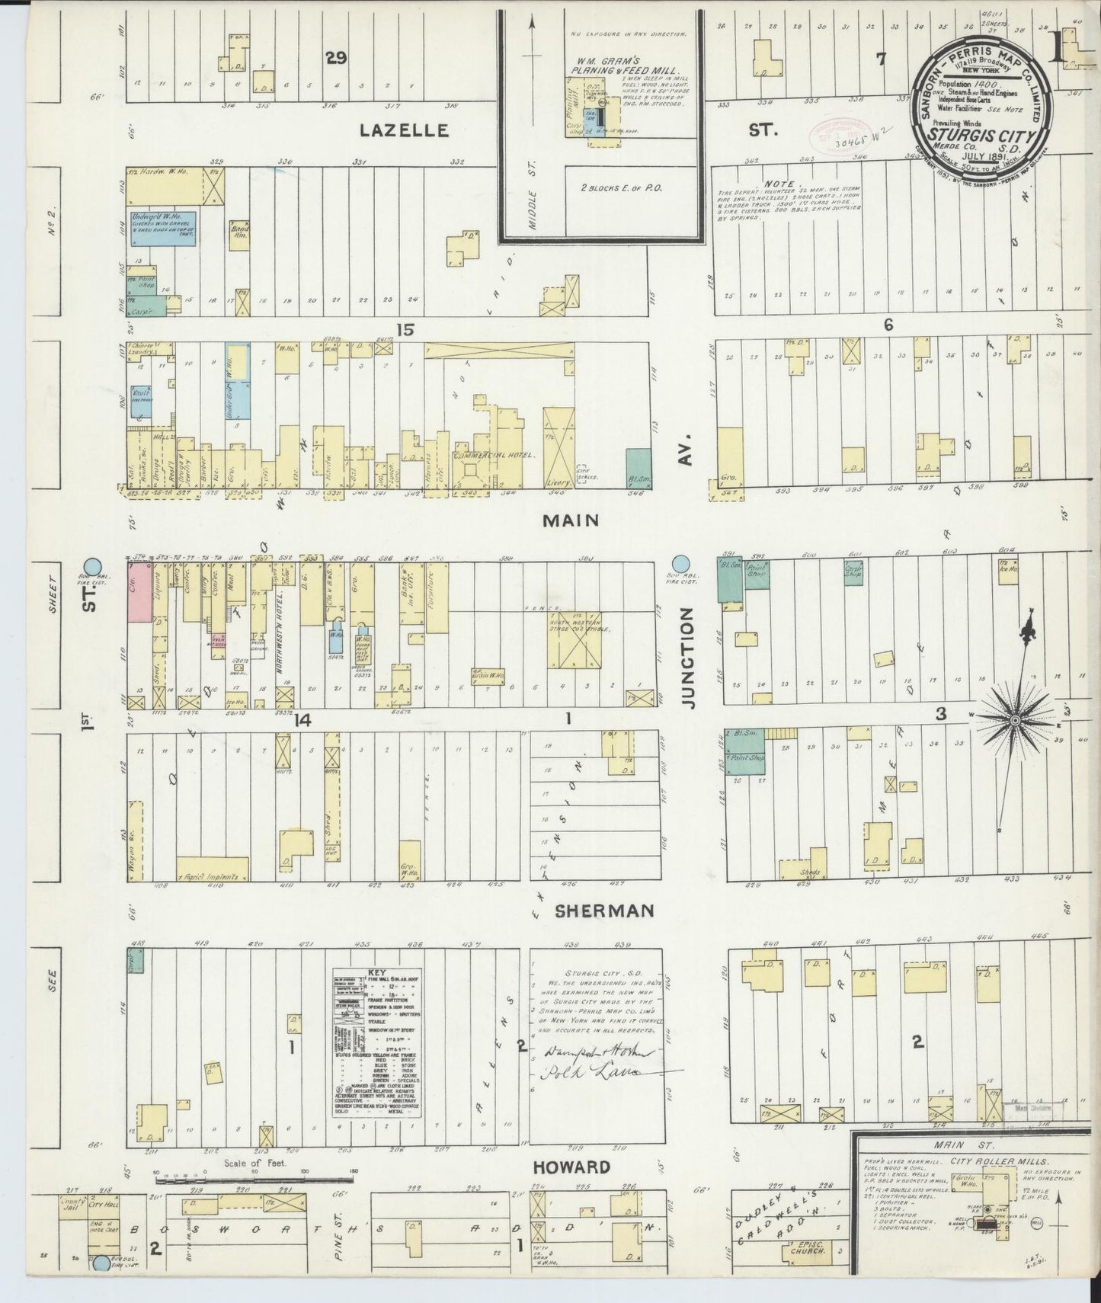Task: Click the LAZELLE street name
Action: (x=404, y=130)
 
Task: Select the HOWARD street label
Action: (x=571, y=1167)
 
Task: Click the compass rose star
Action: (x=1016, y=719)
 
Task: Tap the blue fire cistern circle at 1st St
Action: (x=92, y=567)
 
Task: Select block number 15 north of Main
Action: (x=404, y=328)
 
